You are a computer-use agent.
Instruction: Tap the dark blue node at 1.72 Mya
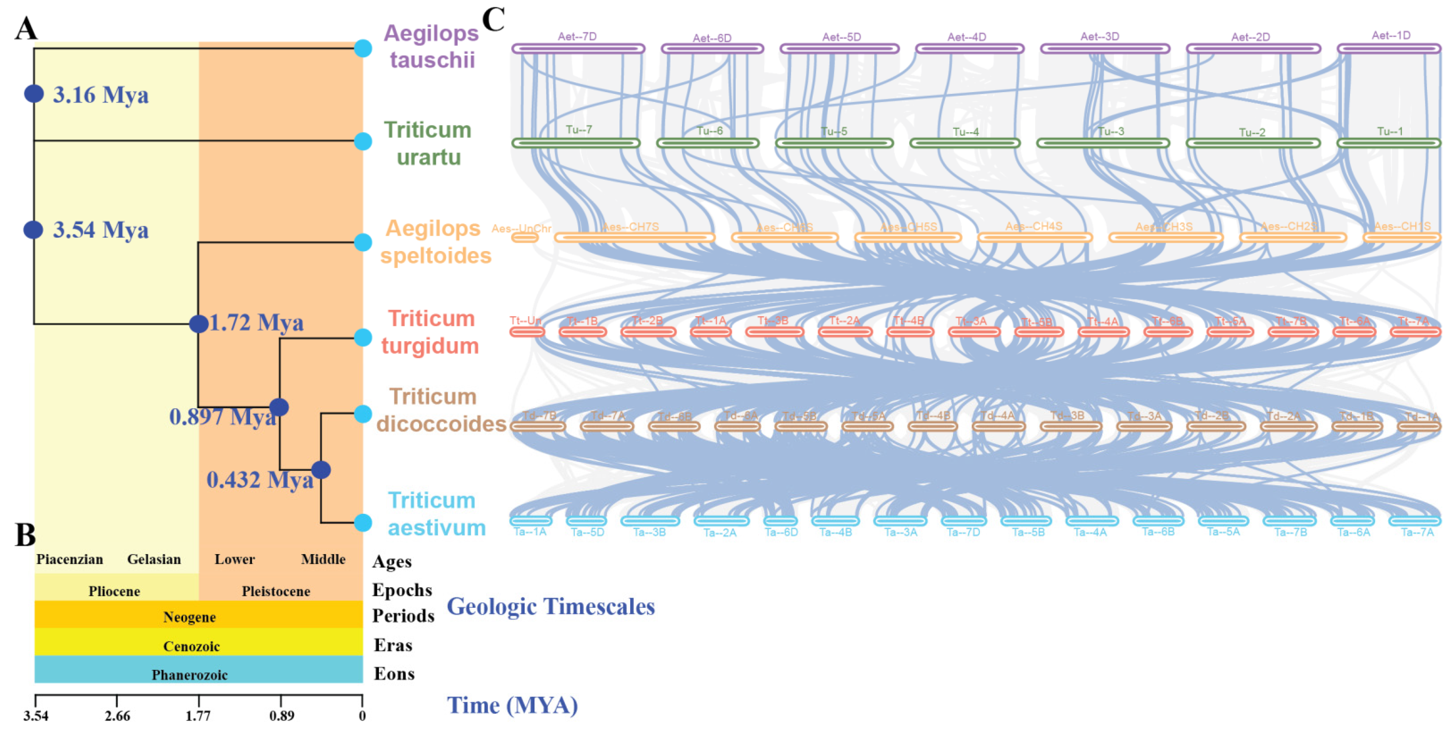198,324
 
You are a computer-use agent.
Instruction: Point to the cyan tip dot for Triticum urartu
363,141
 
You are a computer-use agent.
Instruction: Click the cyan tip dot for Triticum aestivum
363,522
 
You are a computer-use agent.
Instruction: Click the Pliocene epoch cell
114,591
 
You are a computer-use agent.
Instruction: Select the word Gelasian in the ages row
154,559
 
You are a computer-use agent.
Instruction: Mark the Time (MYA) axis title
512,705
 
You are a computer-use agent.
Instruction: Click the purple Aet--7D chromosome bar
578,48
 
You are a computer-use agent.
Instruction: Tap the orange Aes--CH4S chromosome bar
1034,238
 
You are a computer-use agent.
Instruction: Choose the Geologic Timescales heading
551,606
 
